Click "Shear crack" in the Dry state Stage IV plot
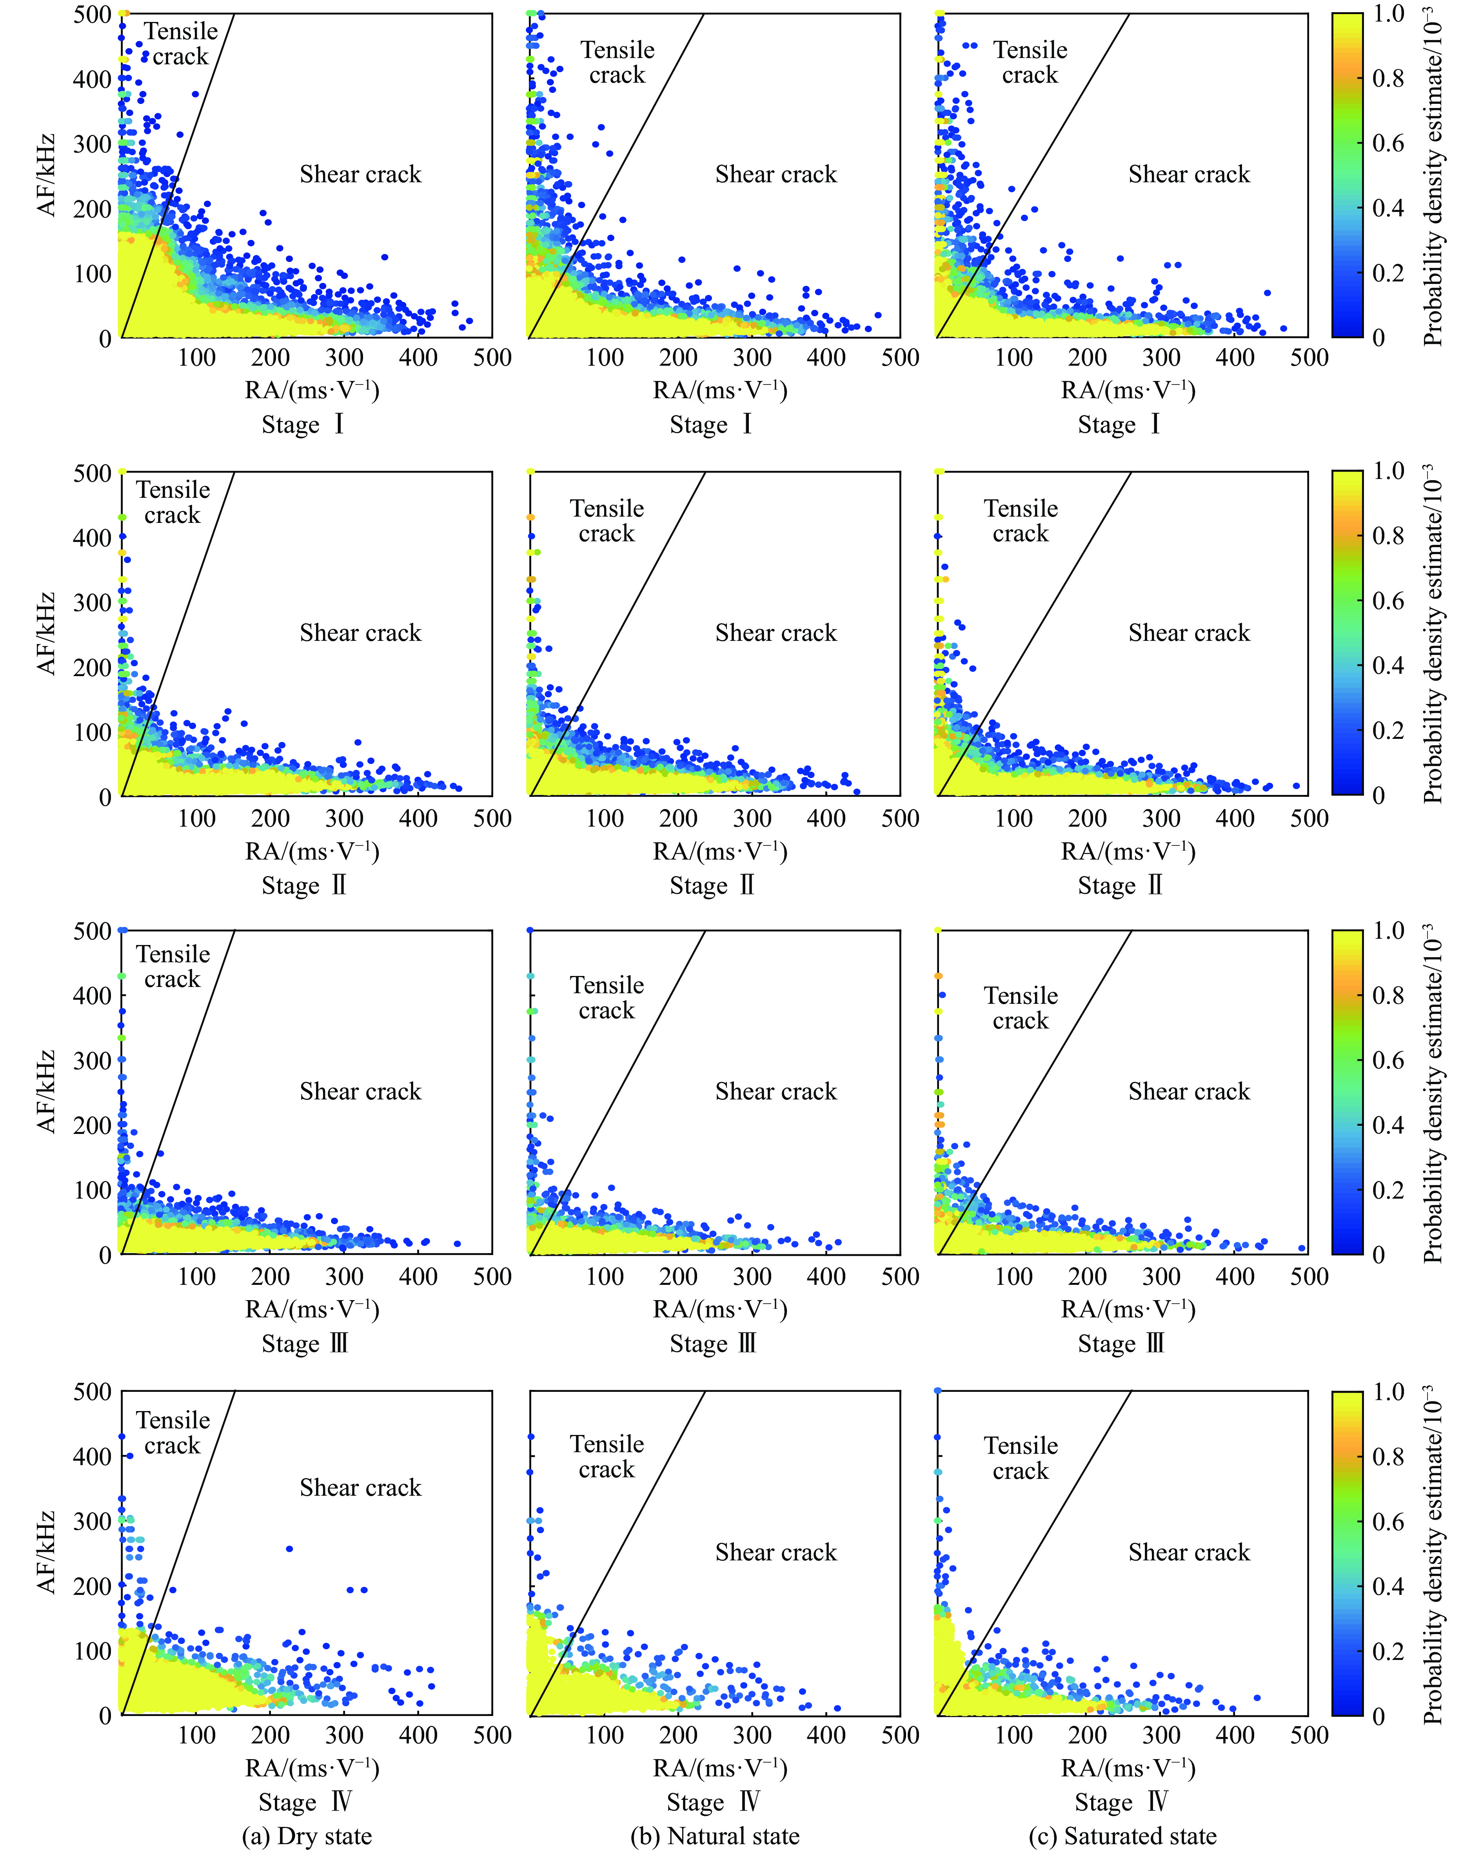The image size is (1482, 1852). (x=361, y=1488)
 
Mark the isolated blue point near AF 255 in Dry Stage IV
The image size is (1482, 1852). (x=289, y=1549)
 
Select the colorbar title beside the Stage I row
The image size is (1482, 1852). (x=1432, y=176)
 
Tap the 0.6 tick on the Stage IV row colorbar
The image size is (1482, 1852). (x=1388, y=1521)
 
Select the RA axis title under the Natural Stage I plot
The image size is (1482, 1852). (x=720, y=391)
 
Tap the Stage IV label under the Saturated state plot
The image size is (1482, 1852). (x=1121, y=1801)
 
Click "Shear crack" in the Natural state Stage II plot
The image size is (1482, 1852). (x=776, y=633)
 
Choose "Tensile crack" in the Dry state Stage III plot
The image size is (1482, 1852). (x=173, y=967)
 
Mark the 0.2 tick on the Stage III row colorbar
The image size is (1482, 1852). (x=1388, y=1190)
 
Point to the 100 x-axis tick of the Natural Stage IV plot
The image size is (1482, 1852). (x=605, y=1735)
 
